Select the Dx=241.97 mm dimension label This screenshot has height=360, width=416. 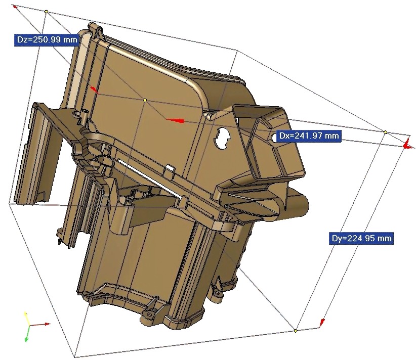(309, 136)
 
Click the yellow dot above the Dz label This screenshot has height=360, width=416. (47, 11)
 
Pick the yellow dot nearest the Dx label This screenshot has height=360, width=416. (385, 132)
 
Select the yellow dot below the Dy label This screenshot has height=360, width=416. (296, 331)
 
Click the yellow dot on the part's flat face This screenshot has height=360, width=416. (145, 101)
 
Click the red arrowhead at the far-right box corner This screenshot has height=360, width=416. (406, 145)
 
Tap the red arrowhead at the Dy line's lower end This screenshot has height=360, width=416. (322, 322)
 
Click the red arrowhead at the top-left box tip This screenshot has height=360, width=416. (15, 7)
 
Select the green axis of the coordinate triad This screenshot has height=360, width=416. (26, 334)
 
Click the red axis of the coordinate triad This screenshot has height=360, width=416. (40, 324)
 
